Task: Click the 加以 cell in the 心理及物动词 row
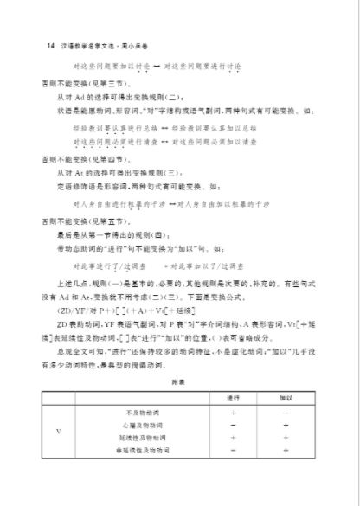[x=285, y=426]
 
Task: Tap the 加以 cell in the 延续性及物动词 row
[x=285, y=438]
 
